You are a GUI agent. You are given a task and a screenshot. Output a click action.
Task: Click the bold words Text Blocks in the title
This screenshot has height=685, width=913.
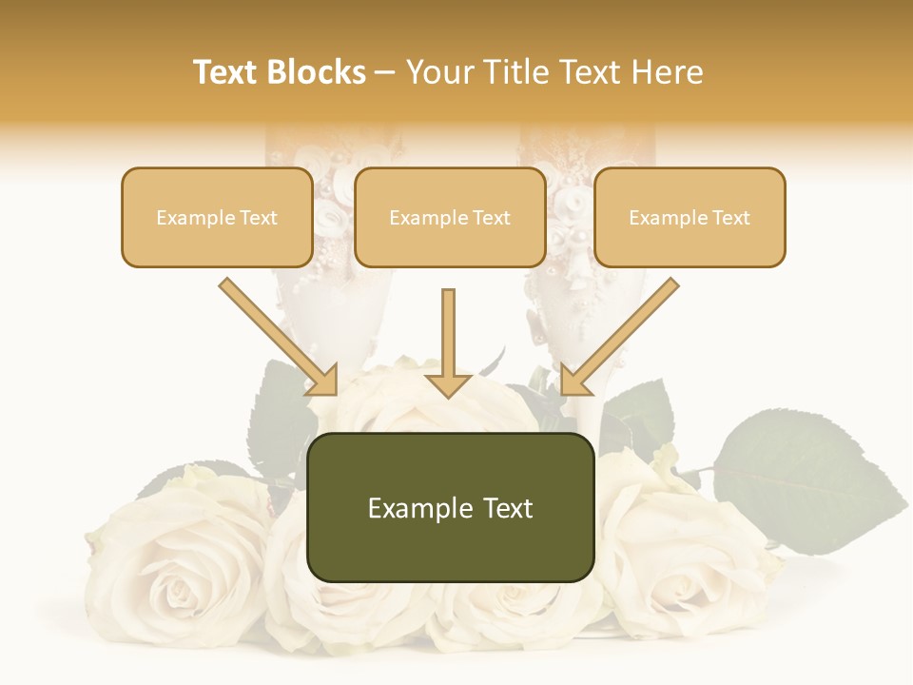tap(280, 72)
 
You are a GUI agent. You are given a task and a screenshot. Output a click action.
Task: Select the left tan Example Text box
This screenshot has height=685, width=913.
tap(217, 218)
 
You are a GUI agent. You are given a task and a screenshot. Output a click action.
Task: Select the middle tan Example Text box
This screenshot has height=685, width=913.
tap(450, 218)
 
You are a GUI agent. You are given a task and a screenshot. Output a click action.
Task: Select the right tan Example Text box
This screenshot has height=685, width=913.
tap(690, 218)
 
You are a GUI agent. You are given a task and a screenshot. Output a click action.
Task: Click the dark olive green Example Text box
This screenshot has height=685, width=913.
tap(450, 508)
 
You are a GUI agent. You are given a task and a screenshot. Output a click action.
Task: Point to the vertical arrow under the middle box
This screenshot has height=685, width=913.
tap(449, 333)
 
